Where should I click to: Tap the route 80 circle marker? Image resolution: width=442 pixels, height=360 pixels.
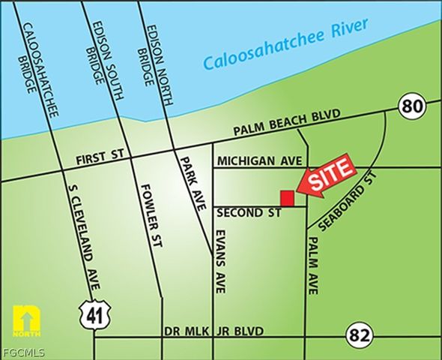pos(411,107)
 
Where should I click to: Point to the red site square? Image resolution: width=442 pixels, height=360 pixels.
pos(286,197)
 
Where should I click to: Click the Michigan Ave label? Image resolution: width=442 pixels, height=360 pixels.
pos(258,161)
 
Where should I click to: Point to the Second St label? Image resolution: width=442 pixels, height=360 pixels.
pos(249,213)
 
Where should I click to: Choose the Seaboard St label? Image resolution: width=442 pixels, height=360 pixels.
pos(346,202)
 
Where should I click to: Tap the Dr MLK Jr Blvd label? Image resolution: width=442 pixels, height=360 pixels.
pos(214,331)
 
